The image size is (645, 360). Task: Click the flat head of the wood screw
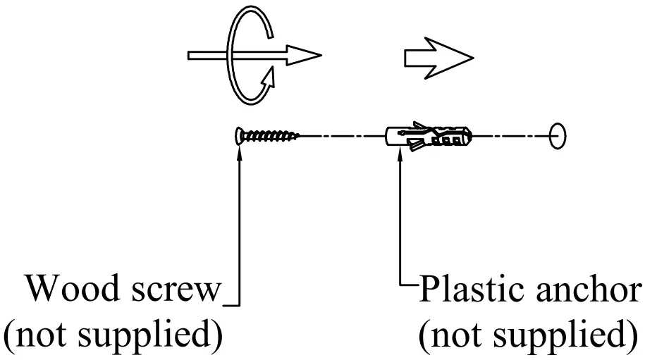pyautogui.click(x=238, y=135)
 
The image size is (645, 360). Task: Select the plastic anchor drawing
pyautogui.click(x=428, y=135)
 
